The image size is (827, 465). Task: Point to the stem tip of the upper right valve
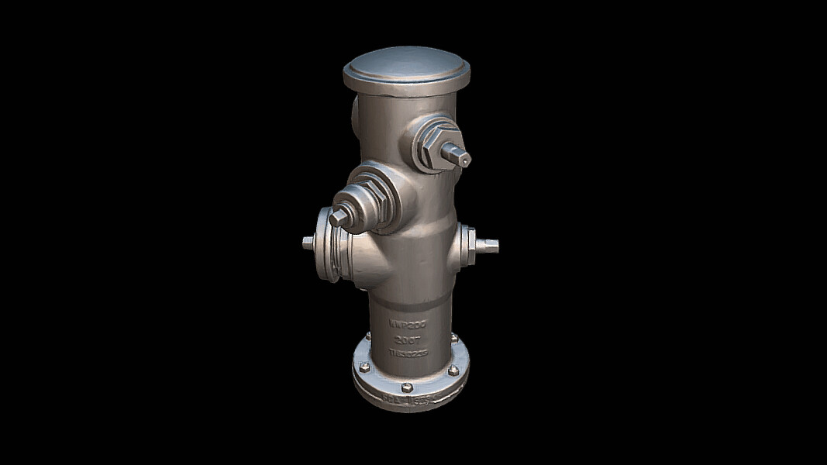(x=463, y=158)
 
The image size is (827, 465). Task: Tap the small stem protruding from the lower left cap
(x=308, y=243)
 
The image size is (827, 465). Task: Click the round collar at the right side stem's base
(x=467, y=244)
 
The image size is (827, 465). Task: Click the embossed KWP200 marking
(x=408, y=324)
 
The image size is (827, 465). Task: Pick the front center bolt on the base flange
(x=407, y=386)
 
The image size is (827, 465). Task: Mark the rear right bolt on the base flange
(x=454, y=338)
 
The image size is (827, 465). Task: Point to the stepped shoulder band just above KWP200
(x=407, y=301)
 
